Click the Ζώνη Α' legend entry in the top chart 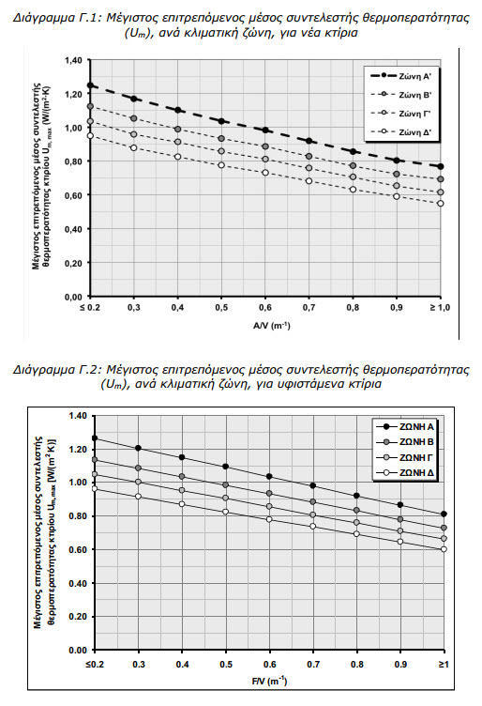[400, 76]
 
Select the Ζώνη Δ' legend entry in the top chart [400, 132]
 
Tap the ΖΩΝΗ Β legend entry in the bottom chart [405, 441]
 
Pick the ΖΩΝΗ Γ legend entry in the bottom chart [405, 457]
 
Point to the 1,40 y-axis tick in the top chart [73, 60]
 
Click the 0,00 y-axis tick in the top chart [73, 298]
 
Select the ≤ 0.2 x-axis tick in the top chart [90, 308]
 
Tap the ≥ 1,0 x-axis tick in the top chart [440, 308]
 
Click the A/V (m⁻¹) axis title [272, 325]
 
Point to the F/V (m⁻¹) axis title [269, 682]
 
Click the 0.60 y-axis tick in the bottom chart [78, 550]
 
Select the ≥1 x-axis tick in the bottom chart [444, 665]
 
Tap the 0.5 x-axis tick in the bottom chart [226, 665]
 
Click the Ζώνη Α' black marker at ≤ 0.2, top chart [90, 85]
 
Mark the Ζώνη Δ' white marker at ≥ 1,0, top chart [440, 204]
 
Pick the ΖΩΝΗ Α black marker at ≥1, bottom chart [444, 514]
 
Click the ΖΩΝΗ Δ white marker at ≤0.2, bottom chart [95, 488]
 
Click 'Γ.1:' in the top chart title [91, 18]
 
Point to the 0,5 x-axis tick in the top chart [221, 308]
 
